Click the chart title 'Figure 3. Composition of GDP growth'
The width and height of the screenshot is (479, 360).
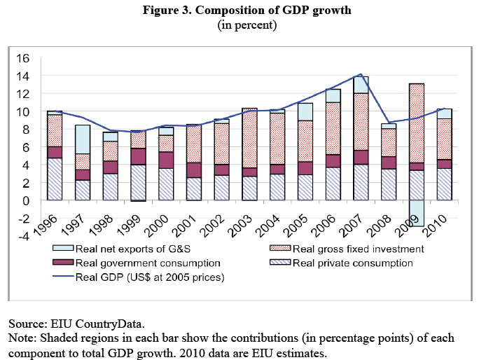[x=239, y=11]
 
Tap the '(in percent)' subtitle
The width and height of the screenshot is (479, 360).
[x=239, y=25]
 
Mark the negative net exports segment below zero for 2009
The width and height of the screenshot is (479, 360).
[x=417, y=214]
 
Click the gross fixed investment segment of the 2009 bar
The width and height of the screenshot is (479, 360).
[x=417, y=123]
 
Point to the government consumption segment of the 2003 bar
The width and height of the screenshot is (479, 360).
[x=249, y=172]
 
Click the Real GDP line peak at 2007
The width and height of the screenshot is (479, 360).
[x=360, y=74]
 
